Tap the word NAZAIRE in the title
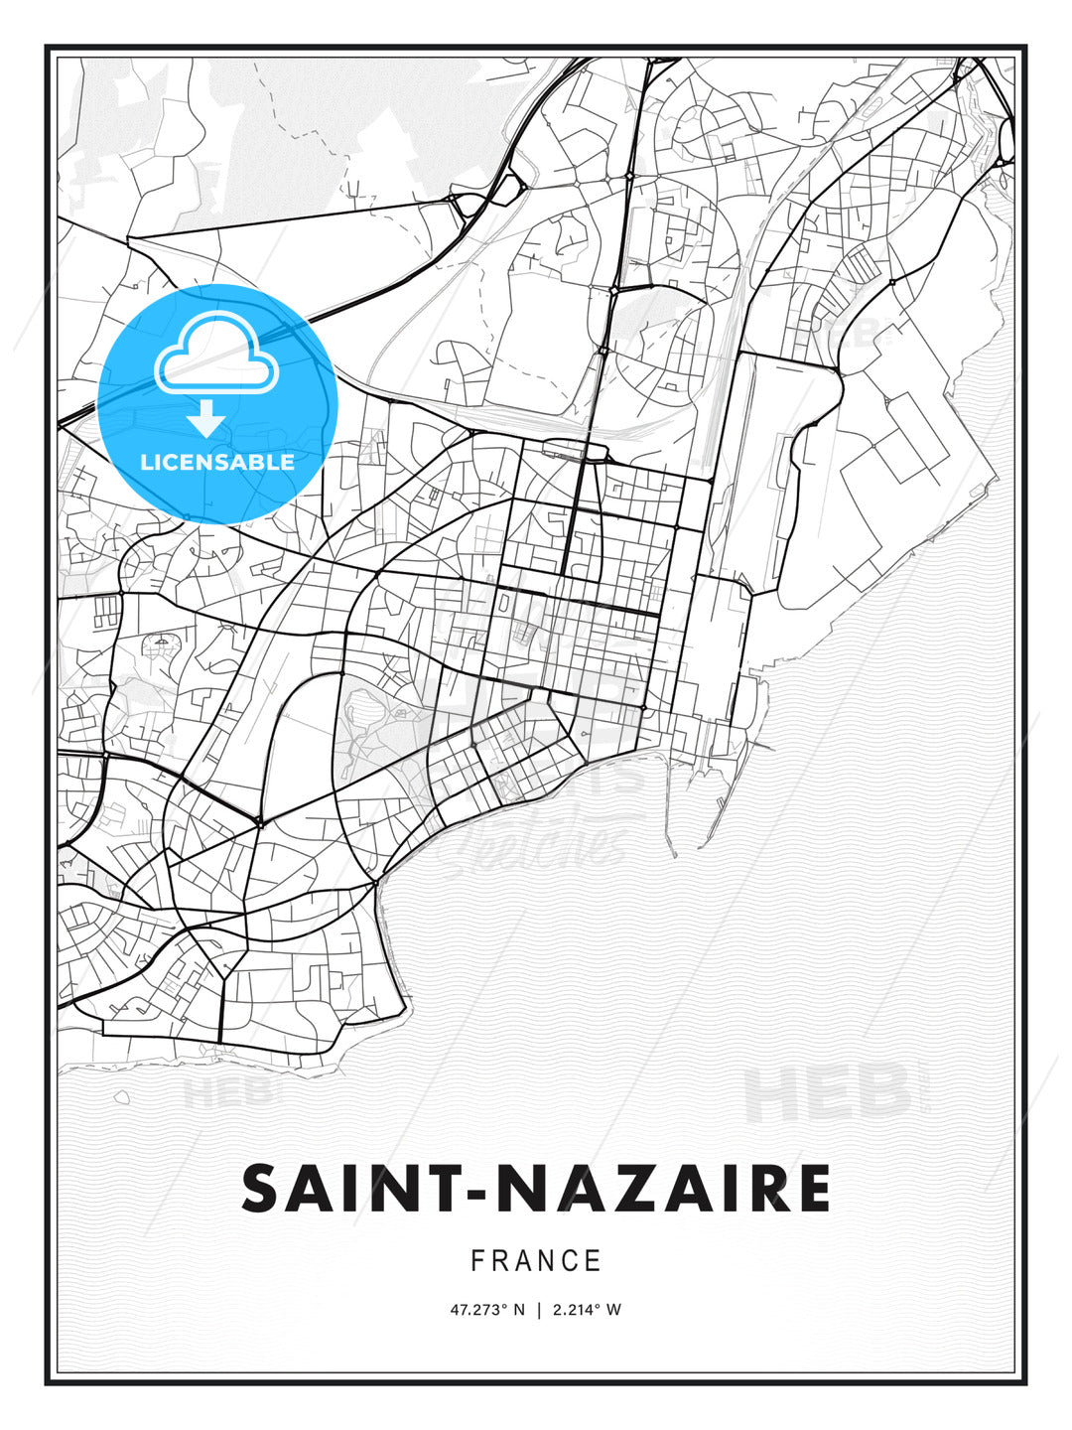click(x=663, y=1189)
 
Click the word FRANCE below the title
click(x=536, y=1261)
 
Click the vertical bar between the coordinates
click(x=538, y=1310)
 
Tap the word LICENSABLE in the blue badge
click(x=217, y=462)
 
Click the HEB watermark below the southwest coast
click(x=226, y=1093)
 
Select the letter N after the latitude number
click(x=517, y=1310)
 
